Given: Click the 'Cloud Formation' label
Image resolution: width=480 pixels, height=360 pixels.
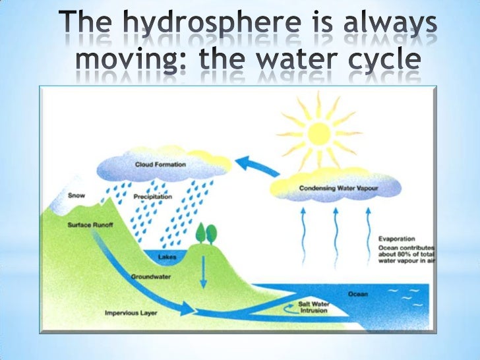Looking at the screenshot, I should coord(160,164).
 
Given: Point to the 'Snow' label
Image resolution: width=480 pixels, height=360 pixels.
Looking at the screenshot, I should coord(76,195).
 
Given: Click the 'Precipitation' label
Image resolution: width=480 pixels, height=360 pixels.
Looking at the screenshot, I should coord(153,196).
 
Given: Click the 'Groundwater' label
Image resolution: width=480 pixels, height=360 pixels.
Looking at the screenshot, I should coord(151,276).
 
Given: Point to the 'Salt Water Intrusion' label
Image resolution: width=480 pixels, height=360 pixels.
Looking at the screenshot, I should coord(314,307).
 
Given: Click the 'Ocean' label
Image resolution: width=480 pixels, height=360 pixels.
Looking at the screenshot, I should coord(358,293).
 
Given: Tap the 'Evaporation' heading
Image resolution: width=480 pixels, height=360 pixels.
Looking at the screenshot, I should coord(396,239).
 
